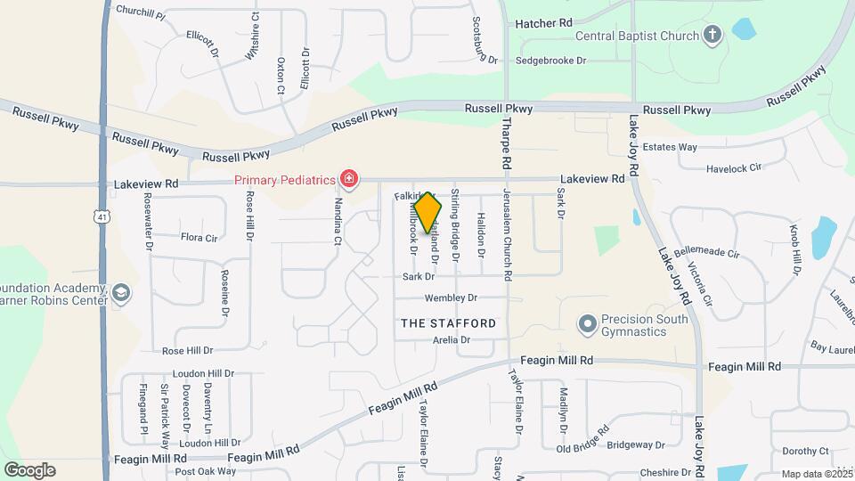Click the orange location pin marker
427,212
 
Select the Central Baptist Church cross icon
712,36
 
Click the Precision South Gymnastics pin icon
586,325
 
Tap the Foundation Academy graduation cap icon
120,293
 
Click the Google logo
29,469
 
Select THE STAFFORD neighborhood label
448,322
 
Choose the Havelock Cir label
734,167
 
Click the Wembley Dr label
451,298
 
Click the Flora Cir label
199,238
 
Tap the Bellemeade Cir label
707,253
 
